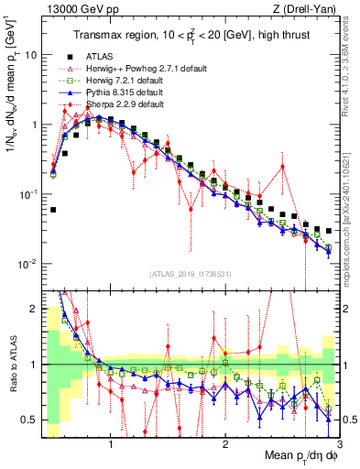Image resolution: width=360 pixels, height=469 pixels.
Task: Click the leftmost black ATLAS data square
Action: coord(53,210)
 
